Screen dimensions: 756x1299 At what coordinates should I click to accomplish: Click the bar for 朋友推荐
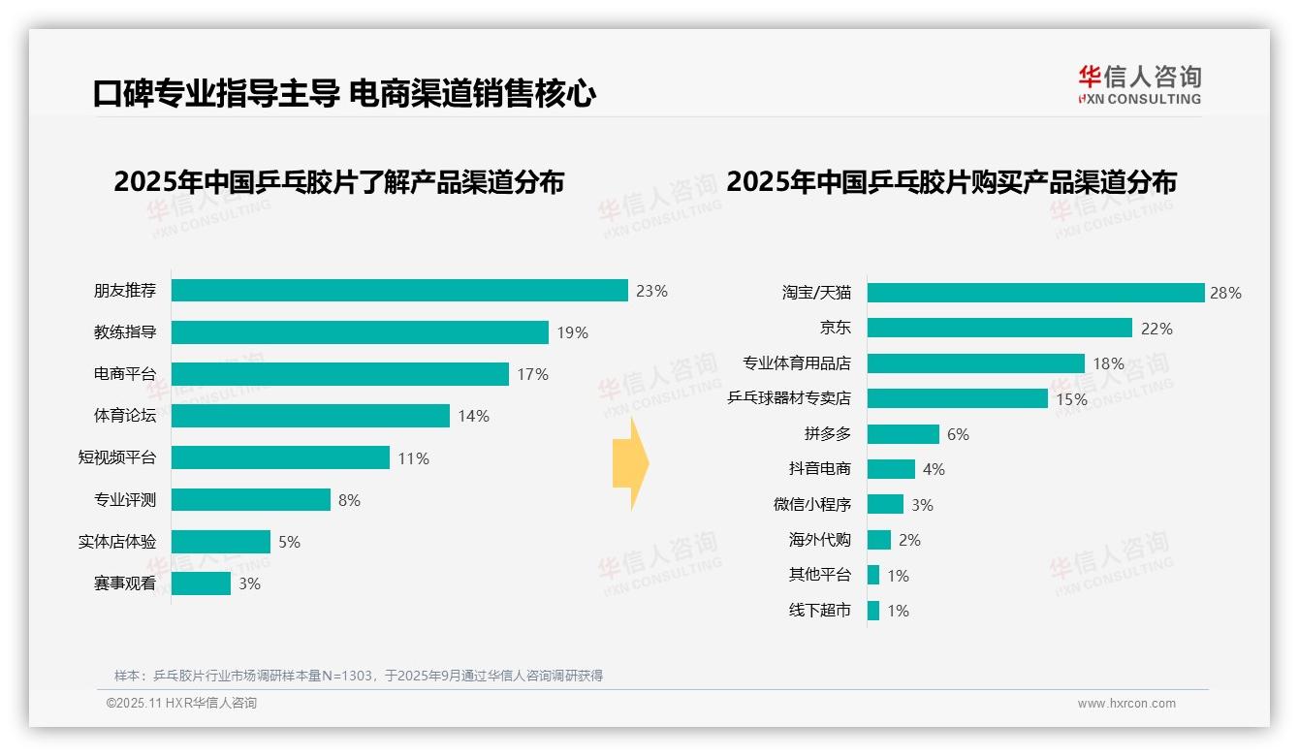[x=399, y=291]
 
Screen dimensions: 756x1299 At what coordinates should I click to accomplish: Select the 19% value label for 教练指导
[x=572, y=332]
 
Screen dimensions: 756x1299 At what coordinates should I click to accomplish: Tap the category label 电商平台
[x=124, y=374]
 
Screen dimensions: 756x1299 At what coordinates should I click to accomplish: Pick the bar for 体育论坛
[x=310, y=416]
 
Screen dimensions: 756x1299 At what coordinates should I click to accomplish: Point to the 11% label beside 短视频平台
[x=413, y=458]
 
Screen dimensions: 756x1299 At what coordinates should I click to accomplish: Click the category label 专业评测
[x=124, y=500]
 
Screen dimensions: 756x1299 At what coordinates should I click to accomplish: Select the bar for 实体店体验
[x=221, y=542]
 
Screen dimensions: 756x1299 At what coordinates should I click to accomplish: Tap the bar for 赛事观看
[x=201, y=583]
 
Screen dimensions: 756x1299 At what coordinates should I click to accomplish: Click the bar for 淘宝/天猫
[x=1035, y=293]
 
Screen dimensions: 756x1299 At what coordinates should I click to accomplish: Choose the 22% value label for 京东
[x=1156, y=329]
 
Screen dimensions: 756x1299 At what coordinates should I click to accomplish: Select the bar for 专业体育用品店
[x=975, y=363]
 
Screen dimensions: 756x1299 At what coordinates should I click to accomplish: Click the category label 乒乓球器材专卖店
[x=789, y=398]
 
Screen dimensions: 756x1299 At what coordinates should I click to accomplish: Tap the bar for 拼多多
[x=903, y=434]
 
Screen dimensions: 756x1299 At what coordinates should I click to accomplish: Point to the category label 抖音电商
[x=819, y=469]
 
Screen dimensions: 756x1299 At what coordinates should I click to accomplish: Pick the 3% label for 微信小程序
[x=922, y=505]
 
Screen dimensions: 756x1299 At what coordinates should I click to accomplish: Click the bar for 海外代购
[x=878, y=540]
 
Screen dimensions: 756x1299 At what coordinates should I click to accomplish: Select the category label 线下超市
[x=819, y=611]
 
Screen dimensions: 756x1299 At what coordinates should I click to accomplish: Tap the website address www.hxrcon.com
[x=1126, y=704]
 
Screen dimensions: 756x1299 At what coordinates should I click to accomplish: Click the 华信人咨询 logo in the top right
[x=1139, y=84]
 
